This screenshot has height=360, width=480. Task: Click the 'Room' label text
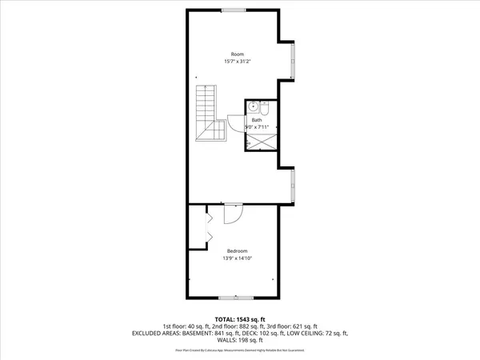(x=238, y=54)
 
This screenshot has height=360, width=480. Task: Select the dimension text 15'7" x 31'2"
(x=238, y=62)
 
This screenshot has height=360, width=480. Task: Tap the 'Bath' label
(x=257, y=120)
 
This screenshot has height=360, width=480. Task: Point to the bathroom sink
(x=253, y=106)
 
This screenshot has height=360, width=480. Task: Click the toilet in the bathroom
(x=270, y=110)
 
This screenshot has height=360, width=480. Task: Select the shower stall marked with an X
(x=261, y=142)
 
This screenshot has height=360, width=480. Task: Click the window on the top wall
(x=234, y=10)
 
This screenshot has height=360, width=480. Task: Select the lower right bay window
(x=294, y=183)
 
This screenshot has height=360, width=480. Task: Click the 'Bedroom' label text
(x=238, y=250)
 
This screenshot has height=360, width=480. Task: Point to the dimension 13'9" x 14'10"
(x=238, y=258)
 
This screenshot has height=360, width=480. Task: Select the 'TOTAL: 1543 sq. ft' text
(x=239, y=318)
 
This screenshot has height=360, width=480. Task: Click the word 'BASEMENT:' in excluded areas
(x=188, y=333)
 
